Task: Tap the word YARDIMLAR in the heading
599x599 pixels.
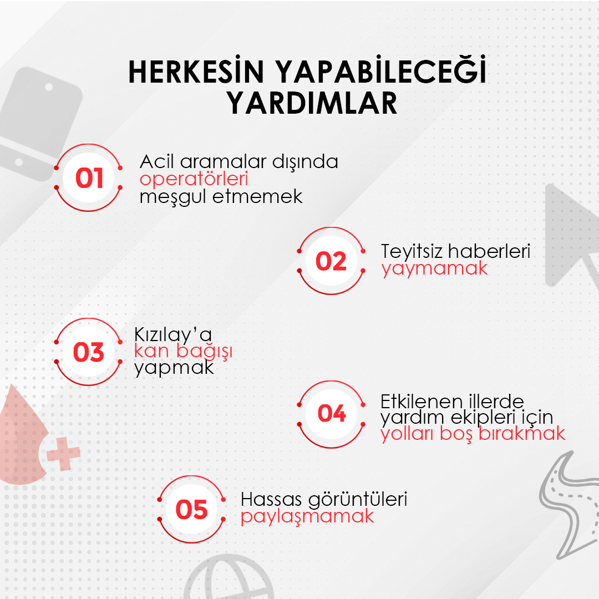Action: (312, 103)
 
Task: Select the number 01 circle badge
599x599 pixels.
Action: (88, 177)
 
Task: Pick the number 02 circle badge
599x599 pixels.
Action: (331, 261)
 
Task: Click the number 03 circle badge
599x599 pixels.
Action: (88, 352)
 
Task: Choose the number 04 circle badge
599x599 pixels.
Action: (331, 414)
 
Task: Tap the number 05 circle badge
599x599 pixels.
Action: (191, 509)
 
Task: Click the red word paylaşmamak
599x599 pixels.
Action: (307, 517)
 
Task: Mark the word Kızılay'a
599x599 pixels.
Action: (172, 334)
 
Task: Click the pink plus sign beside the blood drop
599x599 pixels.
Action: (63, 454)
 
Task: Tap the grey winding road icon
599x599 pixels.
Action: (568, 504)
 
